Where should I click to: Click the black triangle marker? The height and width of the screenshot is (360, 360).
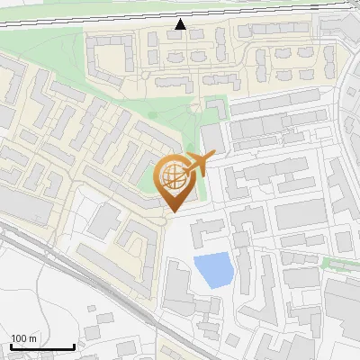[x=181, y=25]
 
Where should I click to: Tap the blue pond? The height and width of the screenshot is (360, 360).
[x=212, y=270]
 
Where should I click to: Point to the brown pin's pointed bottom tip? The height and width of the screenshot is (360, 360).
[x=171, y=212]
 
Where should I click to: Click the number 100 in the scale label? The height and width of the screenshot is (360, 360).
[x=19, y=338]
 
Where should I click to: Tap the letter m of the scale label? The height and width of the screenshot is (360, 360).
[x=32, y=338]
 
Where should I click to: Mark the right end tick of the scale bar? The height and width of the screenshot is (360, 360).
[x=74, y=346]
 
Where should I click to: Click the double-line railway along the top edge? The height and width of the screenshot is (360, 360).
[x=90, y=17]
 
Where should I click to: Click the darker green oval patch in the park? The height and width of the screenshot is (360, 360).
[x=153, y=116]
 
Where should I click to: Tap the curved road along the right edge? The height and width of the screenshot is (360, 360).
[x=349, y=135]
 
